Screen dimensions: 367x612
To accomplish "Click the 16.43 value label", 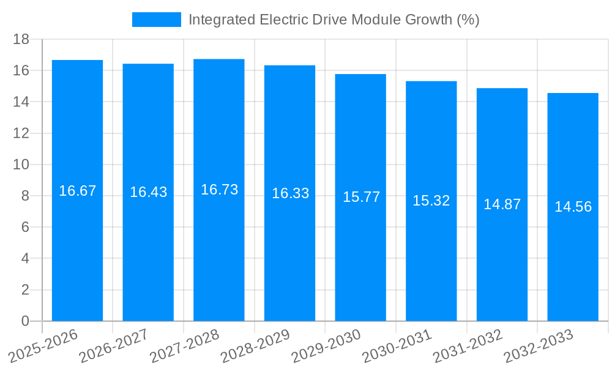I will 148,192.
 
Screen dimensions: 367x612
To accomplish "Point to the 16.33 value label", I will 290,193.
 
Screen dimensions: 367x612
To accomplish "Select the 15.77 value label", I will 361,197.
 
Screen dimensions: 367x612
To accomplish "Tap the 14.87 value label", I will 502,204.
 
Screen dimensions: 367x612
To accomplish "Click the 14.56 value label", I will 573,207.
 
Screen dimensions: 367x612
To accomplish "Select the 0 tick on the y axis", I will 25,321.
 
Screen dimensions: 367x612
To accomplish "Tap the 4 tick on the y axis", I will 25,259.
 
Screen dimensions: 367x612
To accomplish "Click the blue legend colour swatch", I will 157,20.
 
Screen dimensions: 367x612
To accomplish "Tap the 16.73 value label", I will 219,190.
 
